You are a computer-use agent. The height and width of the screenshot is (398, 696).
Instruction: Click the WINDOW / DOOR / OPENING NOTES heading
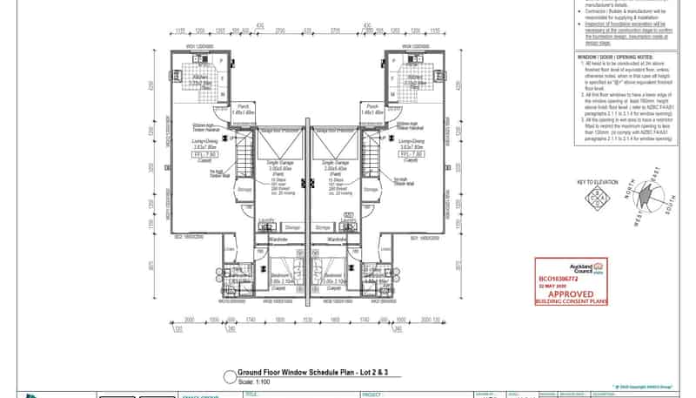613,55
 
